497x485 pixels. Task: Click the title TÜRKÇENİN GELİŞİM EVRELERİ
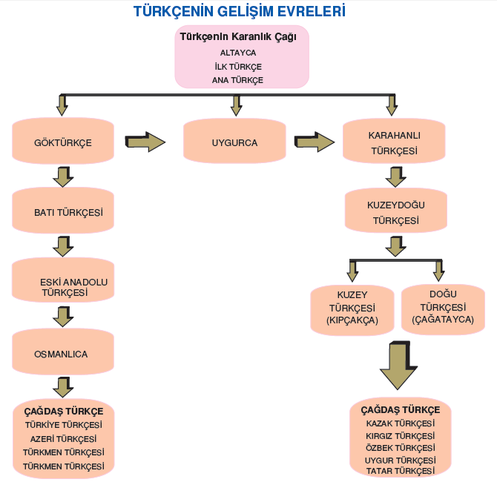pos(240,11)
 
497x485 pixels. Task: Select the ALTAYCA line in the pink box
pos(238,53)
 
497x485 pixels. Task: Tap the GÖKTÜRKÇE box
pos(63,141)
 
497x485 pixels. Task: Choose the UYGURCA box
pos(234,141)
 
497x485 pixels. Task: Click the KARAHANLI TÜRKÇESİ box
pos(394,141)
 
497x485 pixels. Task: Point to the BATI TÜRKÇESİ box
pos(63,211)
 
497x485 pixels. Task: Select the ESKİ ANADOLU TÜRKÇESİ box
pos(63,280)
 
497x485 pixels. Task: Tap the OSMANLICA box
pos(63,352)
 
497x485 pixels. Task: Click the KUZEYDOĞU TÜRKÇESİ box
pos(396,211)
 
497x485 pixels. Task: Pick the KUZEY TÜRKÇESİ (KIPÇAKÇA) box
pos(352,310)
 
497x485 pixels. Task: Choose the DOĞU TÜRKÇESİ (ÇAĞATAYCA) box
pos(443,309)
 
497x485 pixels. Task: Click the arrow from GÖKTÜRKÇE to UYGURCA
pos(145,142)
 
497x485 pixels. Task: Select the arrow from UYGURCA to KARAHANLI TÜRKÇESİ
pos(315,142)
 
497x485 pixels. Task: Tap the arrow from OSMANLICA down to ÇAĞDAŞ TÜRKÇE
pos(63,387)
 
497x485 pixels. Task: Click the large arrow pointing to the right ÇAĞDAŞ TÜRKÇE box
pos(399,366)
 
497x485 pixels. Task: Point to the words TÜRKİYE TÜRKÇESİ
pos(64,425)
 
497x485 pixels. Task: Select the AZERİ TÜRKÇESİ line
pos(63,439)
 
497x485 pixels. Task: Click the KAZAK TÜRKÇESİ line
pos(401,423)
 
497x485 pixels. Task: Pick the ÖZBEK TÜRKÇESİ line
pos(401,448)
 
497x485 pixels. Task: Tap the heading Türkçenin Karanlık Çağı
pos(238,37)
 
